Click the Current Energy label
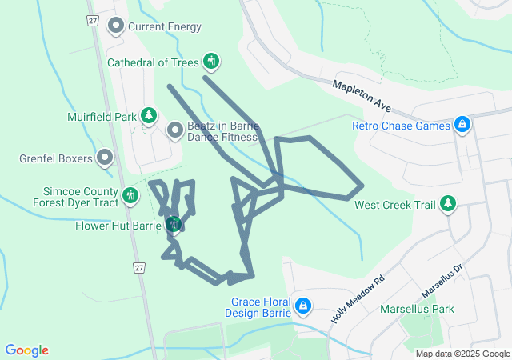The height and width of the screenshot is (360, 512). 165,26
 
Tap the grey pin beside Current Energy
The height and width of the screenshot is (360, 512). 116,26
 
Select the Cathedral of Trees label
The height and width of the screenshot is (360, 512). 153,61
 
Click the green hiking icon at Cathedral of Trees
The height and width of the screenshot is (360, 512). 211,61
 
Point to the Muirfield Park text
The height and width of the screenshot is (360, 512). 102,117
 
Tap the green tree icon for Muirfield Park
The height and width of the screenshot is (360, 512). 149,117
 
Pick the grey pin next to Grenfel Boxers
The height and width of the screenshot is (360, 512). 104,158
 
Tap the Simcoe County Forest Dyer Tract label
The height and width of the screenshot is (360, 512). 80,197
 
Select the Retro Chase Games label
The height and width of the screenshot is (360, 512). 401,126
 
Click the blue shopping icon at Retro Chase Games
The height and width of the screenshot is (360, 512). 462,126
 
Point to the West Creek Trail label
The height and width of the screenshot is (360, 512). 395,205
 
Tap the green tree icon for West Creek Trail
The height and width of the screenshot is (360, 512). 448,205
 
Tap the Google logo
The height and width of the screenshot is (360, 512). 27,350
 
